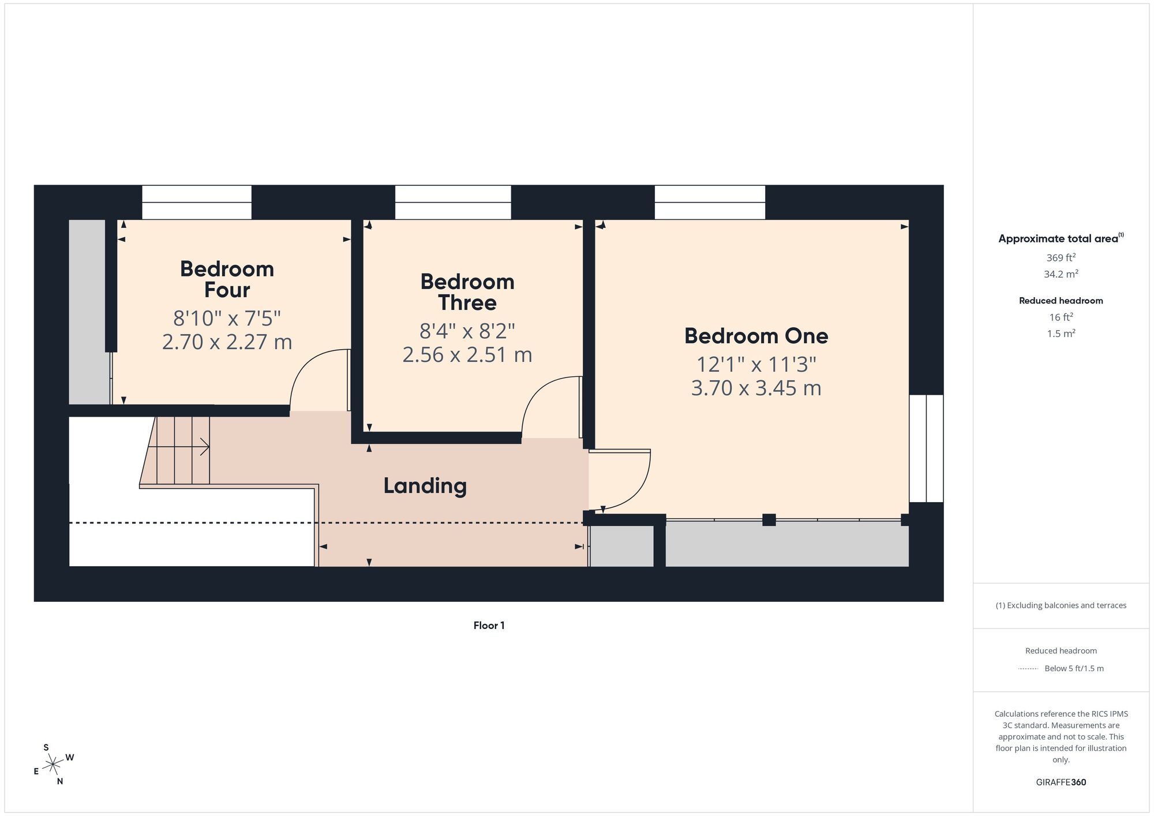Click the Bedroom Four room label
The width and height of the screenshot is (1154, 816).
click(x=227, y=279)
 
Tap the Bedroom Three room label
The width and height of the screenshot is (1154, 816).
click(x=467, y=292)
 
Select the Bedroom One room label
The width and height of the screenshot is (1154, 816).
click(x=756, y=336)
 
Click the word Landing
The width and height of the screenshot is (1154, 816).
click(x=425, y=486)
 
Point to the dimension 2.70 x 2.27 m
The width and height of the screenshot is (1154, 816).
click(x=227, y=342)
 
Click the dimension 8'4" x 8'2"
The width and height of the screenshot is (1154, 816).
click(x=467, y=331)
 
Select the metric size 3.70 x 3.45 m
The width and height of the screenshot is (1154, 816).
click(x=756, y=388)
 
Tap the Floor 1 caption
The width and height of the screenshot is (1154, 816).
click(x=489, y=626)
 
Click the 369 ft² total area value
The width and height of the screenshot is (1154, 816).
click(x=1061, y=257)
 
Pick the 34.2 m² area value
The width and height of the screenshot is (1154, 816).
click(x=1061, y=274)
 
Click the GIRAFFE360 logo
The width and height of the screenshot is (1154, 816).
click(x=1061, y=783)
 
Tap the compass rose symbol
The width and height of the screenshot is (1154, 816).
click(x=54, y=765)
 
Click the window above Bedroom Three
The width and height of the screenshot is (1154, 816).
click(x=453, y=203)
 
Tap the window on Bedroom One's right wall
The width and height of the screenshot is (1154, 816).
click(x=926, y=448)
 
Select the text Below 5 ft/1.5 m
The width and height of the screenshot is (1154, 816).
click(x=1074, y=668)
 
